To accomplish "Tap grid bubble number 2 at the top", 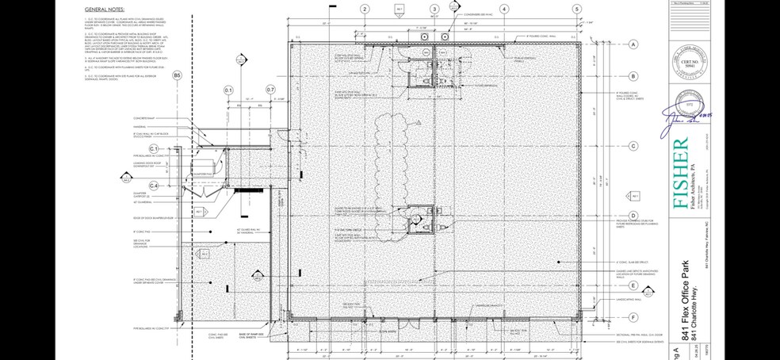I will tap(364, 9).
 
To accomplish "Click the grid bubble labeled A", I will tap(633, 45).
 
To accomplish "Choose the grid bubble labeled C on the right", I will tap(633, 146).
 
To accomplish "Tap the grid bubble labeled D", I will tap(633, 215).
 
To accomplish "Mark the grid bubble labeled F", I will tap(633, 316).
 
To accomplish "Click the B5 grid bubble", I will tap(178, 75).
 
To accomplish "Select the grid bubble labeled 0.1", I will tap(230, 90).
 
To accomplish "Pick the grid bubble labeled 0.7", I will tap(270, 90).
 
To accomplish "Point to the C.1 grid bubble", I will tap(155, 149).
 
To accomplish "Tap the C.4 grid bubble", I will tap(155, 186).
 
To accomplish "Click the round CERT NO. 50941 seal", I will tap(682, 63).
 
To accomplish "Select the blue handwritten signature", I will tap(685, 116).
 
